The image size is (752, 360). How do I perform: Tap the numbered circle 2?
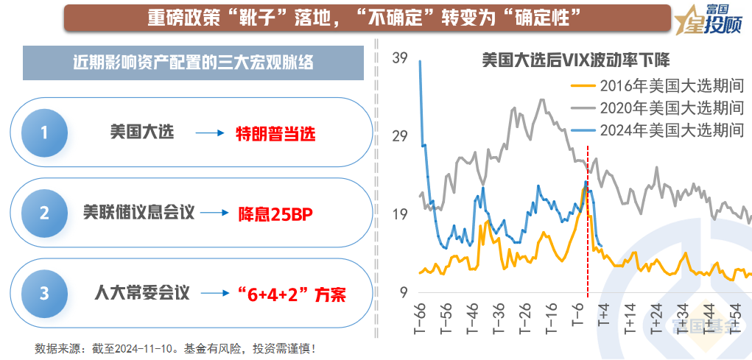pyautogui.click(x=44, y=213)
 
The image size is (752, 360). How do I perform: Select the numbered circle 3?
pyautogui.click(x=44, y=293)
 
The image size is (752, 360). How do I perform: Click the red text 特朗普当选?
pyautogui.click(x=275, y=134)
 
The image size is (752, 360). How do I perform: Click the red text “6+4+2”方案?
pyautogui.click(x=292, y=294)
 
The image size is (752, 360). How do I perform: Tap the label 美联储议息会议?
pyautogui.click(x=139, y=213)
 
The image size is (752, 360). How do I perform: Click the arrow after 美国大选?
pyautogui.click(x=209, y=134)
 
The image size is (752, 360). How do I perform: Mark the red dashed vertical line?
pyautogui.click(x=587, y=221)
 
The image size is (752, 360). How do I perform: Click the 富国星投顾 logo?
pyautogui.click(x=711, y=20)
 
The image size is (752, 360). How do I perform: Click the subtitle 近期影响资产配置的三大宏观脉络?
pyautogui.click(x=194, y=63)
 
